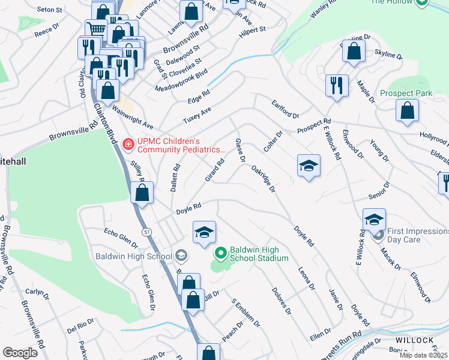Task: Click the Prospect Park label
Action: tap(406, 94)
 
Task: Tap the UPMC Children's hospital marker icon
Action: tap(128, 144)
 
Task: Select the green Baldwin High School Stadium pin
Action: tap(220, 253)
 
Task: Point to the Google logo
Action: tap(20, 353)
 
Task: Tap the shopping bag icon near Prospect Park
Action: tap(408, 111)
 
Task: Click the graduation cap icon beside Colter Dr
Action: tap(309, 166)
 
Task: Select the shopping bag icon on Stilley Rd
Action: tap(142, 193)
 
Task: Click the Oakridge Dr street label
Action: tap(263, 179)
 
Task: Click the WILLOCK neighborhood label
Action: tap(414, 340)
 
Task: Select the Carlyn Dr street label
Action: tap(37, 292)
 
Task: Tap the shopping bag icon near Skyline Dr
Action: tap(354, 52)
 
